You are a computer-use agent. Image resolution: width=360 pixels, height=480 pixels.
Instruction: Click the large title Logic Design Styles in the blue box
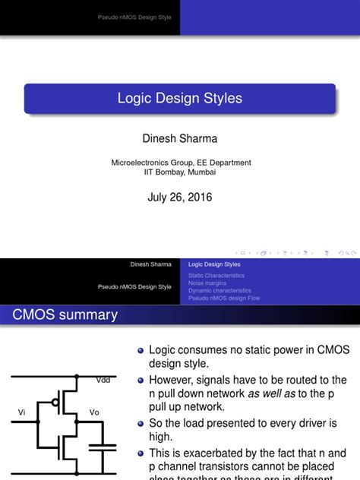(x=179, y=99)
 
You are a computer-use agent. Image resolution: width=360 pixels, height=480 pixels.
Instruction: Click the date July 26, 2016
(x=179, y=197)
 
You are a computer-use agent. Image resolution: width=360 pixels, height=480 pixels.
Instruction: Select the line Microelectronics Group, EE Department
(x=181, y=163)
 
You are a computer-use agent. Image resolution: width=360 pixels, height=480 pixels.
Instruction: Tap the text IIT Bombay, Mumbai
(x=180, y=172)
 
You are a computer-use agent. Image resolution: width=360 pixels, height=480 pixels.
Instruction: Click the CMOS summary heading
(x=65, y=314)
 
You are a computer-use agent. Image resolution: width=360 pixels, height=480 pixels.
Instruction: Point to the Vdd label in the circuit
(x=103, y=380)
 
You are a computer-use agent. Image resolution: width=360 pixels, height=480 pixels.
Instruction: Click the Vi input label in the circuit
(x=22, y=412)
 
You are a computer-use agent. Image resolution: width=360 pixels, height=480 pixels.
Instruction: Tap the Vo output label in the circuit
(x=94, y=412)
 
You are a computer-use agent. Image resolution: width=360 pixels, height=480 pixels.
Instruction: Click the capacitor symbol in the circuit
(x=103, y=447)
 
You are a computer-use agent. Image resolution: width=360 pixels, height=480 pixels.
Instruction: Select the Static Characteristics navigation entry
(x=216, y=276)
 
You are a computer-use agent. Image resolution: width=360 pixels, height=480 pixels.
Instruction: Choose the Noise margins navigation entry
(x=209, y=283)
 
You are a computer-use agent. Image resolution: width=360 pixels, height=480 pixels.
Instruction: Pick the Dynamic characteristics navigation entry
(x=219, y=291)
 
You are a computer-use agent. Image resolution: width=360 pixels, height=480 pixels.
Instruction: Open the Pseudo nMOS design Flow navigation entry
(x=224, y=298)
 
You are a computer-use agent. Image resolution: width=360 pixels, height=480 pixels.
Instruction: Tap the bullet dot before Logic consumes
(x=140, y=351)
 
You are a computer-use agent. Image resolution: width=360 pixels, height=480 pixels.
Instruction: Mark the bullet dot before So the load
(x=140, y=422)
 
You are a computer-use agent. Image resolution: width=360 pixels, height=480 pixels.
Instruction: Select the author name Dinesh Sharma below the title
(x=179, y=139)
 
